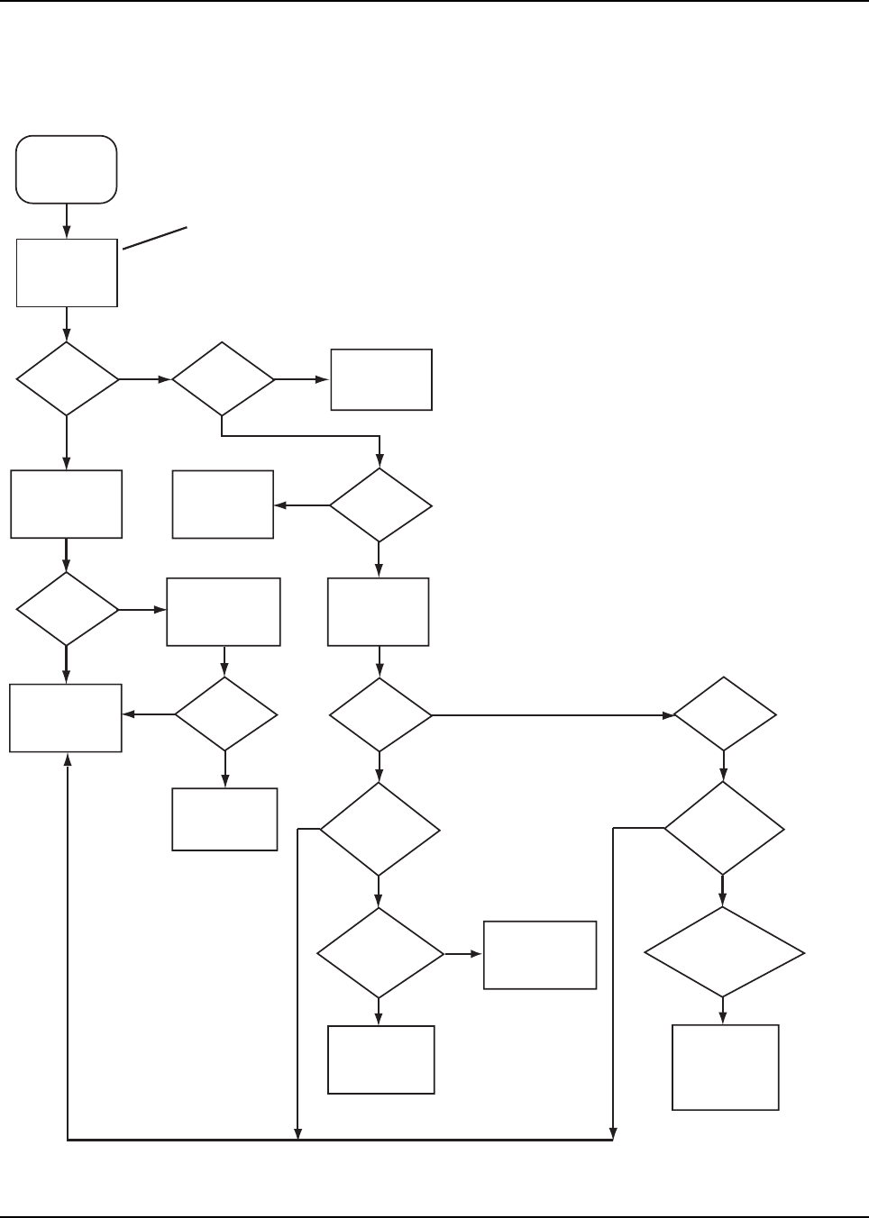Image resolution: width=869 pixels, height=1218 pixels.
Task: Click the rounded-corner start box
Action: (x=67, y=169)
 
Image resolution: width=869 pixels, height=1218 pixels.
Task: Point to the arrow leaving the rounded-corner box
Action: (x=67, y=221)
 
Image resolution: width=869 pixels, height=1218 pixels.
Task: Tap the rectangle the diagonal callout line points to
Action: (x=67, y=272)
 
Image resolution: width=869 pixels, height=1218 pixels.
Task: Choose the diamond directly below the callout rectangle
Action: (x=68, y=378)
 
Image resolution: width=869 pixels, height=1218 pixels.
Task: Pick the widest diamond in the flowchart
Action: (x=724, y=952)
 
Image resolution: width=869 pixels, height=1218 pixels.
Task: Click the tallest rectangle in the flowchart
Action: (x=726, y=1067)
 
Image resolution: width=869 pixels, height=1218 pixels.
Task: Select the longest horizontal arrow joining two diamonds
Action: (x=552, y=715)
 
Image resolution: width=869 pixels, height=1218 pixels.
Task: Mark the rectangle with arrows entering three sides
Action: (x=66, y=717)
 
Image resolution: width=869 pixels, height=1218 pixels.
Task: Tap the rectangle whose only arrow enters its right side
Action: (x=224, y=504)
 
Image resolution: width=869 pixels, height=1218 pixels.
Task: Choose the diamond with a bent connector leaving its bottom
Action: (x=223, y=379)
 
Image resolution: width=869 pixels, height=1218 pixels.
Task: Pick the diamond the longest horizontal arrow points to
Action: (x=725, y=714)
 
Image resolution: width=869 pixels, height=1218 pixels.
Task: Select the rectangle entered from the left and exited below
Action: (x=224, y=613)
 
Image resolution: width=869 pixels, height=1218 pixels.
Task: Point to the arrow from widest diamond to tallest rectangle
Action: (x=724, y=1010)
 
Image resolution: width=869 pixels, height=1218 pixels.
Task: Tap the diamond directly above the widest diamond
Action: (x=724, y=828)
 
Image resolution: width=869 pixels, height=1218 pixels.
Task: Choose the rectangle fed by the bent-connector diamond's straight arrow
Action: (x=381, y=379)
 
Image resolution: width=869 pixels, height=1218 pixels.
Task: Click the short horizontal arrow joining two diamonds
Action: (x=145, y=379)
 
